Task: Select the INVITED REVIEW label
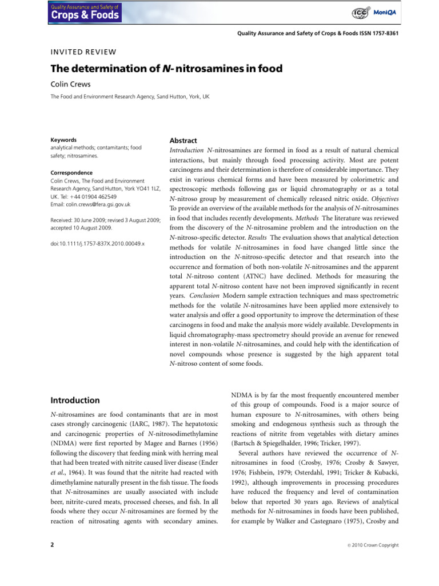(84, 51)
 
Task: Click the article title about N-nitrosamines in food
(166, 69)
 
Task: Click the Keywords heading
(63, 140)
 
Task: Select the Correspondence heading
(71, 172)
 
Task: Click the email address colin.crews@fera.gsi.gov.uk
(99, 204)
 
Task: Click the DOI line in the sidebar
(98, 244)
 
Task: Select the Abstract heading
(183, 141)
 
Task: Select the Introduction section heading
(75, 400)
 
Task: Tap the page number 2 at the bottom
(53, 545)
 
